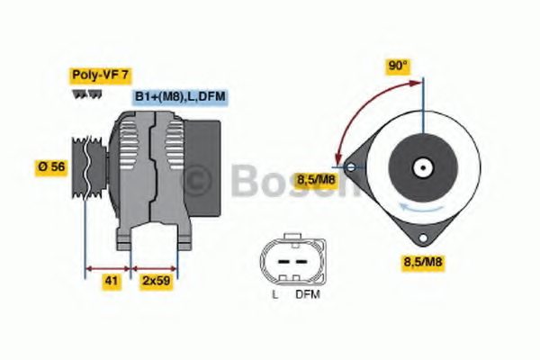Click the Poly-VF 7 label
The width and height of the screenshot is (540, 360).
tap(100, 76)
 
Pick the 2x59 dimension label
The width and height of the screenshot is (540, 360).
tap(156, 282)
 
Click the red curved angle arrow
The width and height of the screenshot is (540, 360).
tap(353, 112)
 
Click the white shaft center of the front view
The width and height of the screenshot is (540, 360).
tap(422, 166)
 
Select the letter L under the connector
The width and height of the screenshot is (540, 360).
tap(274, 294)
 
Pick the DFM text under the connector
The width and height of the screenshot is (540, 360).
tap(308, 294)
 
